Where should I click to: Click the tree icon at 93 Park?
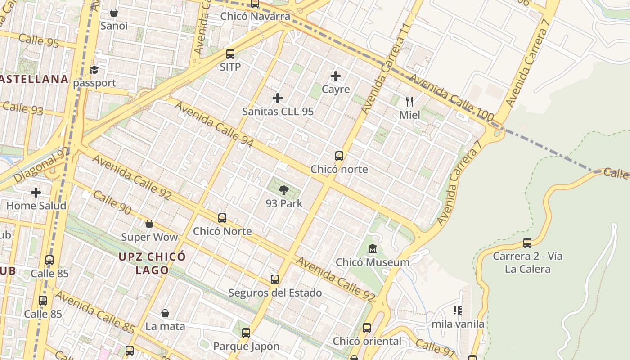pyautogui.click(x=283, y=190)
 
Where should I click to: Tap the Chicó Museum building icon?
pyautogui.click(x=373, y=248)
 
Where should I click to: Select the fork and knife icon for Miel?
pyautogui.click(x=409, y=102)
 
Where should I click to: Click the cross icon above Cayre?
pyautogui.click(x=336, y=76)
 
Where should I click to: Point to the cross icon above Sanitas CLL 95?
pyautogui.click(x=278, y=98)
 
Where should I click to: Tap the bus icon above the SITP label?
pyautogui.click(x=230, y=54)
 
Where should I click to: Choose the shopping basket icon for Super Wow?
pyautogui.click(x=149, y=224)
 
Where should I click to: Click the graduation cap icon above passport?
pyautogui.click(x=94, y=70)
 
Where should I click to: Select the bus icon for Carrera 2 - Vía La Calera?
pyautogui.click(x=527, y=243)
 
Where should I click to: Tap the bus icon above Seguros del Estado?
pyautogui.click(x=275, y=279)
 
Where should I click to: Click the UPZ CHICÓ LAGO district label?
pyautogui.click(x=152, y=263)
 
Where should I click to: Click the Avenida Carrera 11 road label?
pyautogui.click(x=386, y=68)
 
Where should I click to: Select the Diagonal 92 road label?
pyautogui.click(x=42, y=164)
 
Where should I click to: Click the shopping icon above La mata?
pyautogui.click(x=165, y=313)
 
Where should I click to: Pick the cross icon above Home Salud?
pyautogui.click(x=36, y=193)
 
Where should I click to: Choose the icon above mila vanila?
pyautogui.click(x=458, y=310)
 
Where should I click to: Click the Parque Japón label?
pyautogui.click(x=246, y=346)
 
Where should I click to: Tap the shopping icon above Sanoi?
pyautogui.click(x=114, y=13)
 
